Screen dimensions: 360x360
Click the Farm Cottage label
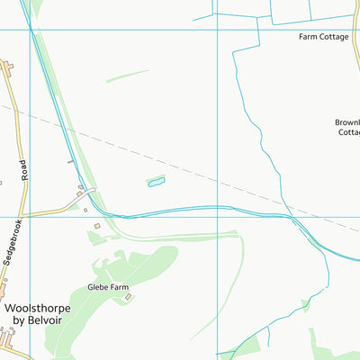tap(323, 37)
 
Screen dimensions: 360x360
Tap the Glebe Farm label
tap(108, 288)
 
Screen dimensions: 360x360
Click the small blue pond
tap(157, 183)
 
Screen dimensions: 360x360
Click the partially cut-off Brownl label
tap(347, 121)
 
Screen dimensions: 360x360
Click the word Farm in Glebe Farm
tap(120, 288)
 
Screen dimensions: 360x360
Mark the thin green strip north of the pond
tap(127, 76)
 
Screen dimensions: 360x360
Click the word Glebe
tap(97, 288)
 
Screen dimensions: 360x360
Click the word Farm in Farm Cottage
tap(309, 37)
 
